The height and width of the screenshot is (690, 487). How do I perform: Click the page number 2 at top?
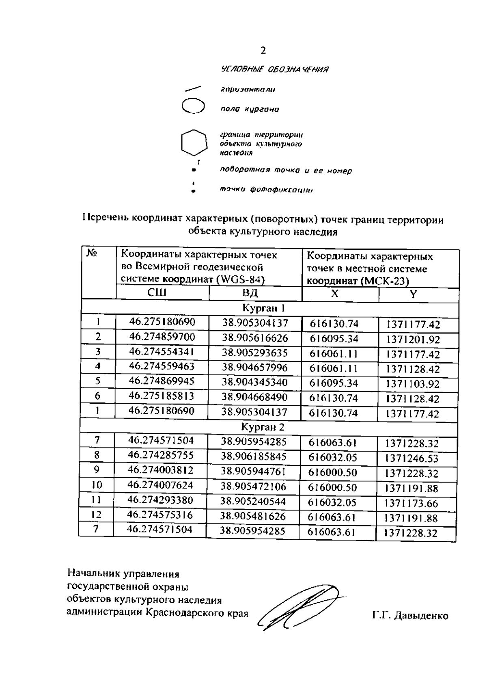[263, 50]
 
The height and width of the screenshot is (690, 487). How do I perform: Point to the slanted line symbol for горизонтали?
[193, 88]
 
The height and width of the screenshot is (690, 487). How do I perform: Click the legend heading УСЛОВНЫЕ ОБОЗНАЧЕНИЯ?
[274, 69]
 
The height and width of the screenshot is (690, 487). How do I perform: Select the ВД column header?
[250, 293]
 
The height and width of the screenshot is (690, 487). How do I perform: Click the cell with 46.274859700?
[162, 337]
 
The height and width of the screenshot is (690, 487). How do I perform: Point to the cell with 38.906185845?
[254, 456]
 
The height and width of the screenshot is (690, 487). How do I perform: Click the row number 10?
[97, 485]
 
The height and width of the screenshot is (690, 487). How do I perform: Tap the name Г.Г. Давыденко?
[410, 616]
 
